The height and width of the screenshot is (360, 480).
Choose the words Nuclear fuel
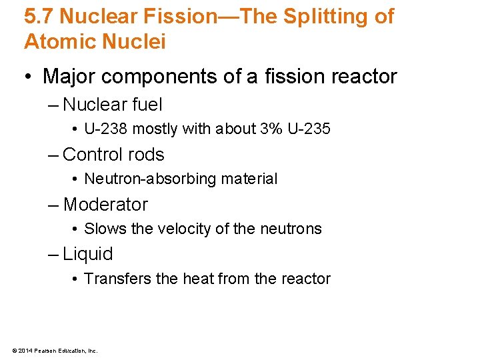point(112,105)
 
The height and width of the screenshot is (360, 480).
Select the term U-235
point(309,129)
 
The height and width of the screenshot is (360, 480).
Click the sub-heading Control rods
point(113,155)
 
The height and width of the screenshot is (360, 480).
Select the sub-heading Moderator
point(105,205)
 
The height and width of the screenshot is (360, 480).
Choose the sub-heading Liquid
point(88,254)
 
